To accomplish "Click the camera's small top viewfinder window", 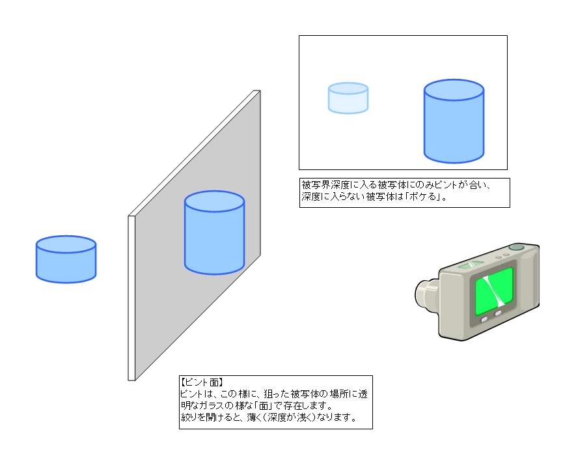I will [471, 265].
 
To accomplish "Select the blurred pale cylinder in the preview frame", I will [348, 98].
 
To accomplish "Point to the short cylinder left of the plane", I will [66, 259].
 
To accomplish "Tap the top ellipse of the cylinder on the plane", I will [214, 201].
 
